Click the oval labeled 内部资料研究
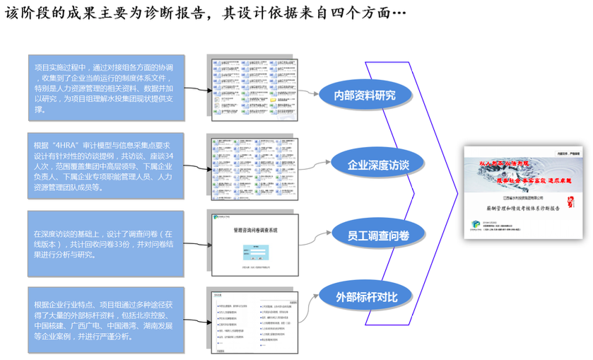(x=365, y=95)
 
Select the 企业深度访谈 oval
(x=378, y=165)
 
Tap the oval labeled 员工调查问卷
(x=379, y=234)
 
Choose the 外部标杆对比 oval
(x=367, y=295)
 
